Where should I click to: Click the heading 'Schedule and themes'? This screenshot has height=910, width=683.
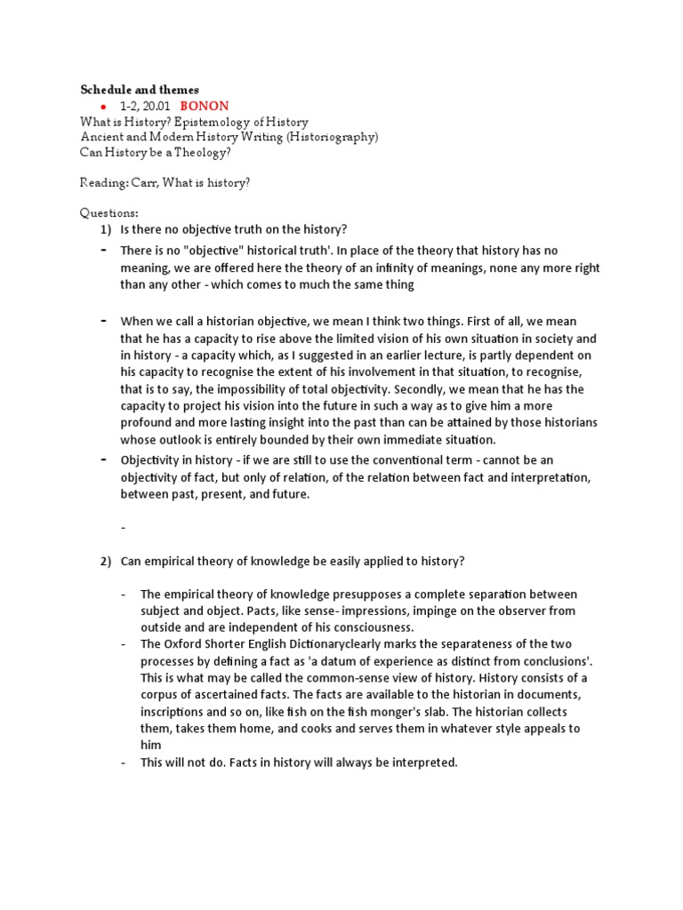click(x=140, y=90)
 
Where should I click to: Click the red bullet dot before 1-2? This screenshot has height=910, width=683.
click(x=103, y=107)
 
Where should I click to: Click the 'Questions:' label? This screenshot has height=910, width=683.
click(x=109, y=213)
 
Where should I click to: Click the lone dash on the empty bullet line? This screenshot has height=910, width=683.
click(x=125, y=528)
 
